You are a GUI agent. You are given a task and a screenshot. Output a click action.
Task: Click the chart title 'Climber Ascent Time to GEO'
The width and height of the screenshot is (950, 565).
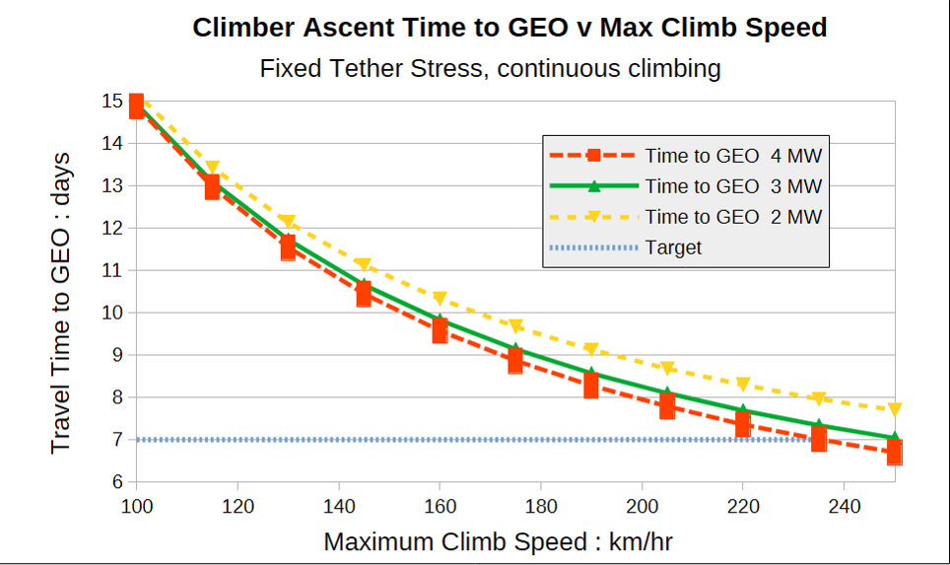(x=380, y=28)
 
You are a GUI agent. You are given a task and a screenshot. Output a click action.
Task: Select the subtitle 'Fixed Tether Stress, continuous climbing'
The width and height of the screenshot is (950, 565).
(x=490, y=68)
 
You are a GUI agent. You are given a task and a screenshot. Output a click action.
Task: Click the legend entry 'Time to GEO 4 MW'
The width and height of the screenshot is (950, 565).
(x=685, y=156)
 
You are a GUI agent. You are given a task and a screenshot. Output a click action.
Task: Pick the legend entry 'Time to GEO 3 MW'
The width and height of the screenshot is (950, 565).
(x=685, y=186)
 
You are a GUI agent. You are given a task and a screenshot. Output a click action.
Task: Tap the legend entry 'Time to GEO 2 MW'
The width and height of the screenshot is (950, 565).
(x=685, y=216)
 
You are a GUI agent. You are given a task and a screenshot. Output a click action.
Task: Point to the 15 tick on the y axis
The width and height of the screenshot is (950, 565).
(x=112, y=102)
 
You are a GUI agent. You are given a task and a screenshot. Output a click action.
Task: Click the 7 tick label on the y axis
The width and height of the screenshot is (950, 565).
(x=117, y=440)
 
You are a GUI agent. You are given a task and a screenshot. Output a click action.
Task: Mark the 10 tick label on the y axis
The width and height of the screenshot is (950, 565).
(x=112, y=313)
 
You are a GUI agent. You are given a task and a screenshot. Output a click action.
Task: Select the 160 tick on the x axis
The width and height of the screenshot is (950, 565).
(x=440, y=506)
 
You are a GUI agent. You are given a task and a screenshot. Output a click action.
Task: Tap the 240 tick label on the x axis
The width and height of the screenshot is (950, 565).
(x=844, y=506)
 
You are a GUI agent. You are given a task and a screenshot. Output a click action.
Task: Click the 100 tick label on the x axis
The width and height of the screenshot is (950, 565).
(x=137, y=506)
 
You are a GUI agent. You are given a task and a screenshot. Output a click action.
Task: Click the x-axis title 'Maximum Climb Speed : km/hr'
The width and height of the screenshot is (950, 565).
(x=498, y=542)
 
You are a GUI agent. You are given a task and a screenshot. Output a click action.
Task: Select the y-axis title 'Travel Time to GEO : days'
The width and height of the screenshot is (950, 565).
(x=60, y=303)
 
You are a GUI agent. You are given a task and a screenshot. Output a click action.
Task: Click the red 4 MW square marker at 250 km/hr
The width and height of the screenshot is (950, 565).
(x=894, y=453)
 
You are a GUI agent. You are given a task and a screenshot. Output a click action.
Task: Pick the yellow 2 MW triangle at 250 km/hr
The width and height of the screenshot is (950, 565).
(x=894, y=410)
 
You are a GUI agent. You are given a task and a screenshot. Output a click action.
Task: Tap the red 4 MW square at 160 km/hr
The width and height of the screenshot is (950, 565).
(x=440, y=330)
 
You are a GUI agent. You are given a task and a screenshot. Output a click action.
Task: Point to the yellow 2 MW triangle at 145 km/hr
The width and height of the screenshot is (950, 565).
(x=364, y=265)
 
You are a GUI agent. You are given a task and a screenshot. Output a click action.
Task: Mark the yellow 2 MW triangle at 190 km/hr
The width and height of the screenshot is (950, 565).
(x=591, y=349)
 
